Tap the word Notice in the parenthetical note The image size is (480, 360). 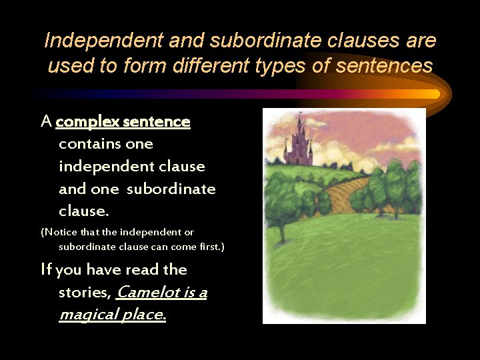tap(64, 232)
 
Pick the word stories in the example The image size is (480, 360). tap(85, 293)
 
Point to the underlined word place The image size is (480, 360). tap(143, 315)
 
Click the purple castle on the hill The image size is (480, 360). tap(297, 143)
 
